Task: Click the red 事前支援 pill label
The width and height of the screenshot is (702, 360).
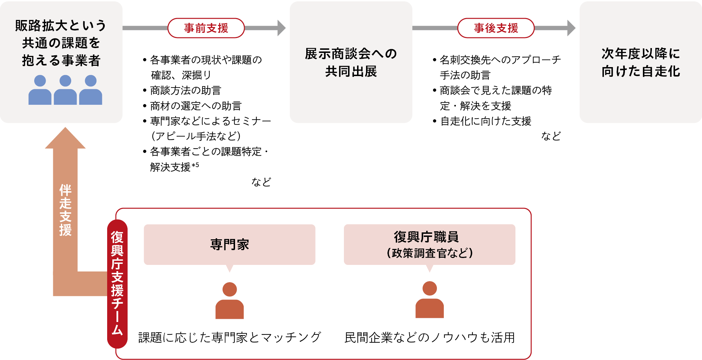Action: click(206, 28)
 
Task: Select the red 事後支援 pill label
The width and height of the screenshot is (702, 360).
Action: click(496, 28)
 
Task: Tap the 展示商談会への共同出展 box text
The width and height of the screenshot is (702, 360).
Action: click(351, 62)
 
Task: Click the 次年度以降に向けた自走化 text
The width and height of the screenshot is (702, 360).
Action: click(640, 62)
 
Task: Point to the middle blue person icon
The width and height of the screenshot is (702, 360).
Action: click(65, 90)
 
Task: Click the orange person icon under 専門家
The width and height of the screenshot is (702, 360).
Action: click(230, 301)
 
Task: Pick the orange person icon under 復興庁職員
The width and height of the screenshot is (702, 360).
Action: click(430, 300)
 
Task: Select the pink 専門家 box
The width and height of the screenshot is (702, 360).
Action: click(230, 244)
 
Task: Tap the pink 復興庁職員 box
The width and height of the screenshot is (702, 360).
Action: click(430, 244)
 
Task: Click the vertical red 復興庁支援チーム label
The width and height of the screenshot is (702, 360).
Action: click(117, 284)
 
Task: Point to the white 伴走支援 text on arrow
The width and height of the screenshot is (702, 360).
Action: click(65, 210)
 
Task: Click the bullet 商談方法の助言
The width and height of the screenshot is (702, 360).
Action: click(186, 91)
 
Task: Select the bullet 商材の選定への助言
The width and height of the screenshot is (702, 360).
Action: click(196, 106)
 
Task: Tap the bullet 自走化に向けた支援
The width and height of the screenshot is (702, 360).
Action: click(486, 121)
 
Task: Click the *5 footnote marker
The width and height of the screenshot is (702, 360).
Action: click(195, 165)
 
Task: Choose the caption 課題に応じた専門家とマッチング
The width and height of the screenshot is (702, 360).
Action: click(230, 337)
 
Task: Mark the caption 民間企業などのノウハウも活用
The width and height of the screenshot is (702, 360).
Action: click(430, 337)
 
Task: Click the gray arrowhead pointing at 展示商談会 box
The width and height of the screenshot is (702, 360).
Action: click(281, 28)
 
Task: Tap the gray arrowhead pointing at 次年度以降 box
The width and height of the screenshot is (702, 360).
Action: click(571, 28)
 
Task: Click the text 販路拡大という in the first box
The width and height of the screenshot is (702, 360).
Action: click(61, 26)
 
